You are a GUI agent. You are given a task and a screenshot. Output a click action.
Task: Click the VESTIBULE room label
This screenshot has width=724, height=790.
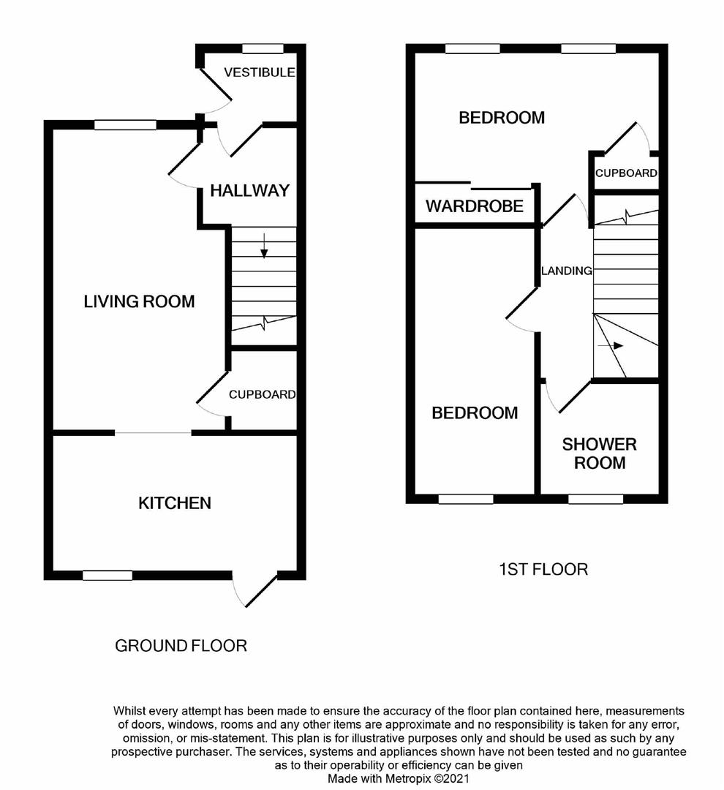tap(259, 72)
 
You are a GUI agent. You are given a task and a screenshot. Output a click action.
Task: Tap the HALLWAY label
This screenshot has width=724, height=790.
tap(249, 191)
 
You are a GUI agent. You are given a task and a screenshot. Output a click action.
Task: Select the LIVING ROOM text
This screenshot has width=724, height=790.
tap(139, 301)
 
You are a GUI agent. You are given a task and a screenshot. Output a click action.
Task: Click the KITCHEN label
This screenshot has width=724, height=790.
tap(175, 503)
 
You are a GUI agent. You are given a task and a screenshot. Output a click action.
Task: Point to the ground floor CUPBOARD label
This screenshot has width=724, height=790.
tap(262, 394)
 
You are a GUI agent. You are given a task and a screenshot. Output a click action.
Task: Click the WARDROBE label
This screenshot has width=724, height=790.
tap(475, 206)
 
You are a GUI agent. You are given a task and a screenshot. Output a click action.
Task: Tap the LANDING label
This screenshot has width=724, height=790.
tap(566, 271)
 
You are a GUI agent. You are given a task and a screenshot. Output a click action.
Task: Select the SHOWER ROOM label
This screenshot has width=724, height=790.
tap(599, 454)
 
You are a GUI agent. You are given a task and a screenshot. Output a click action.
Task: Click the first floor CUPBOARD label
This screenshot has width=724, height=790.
tap(625, 173)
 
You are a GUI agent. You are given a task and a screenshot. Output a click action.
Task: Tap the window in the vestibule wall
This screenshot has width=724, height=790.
tap(263, 48)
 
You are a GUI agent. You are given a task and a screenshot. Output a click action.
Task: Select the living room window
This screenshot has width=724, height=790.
tap(125, 125)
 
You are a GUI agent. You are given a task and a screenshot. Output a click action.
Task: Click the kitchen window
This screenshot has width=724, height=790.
tap(108, 576)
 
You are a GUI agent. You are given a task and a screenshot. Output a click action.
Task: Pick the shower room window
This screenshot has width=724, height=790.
tap(595, 499)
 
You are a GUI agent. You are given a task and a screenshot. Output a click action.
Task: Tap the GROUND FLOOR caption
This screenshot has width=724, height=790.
tap(181, 646)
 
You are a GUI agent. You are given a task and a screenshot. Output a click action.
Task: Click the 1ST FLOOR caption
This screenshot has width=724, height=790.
tap(543, 569)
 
